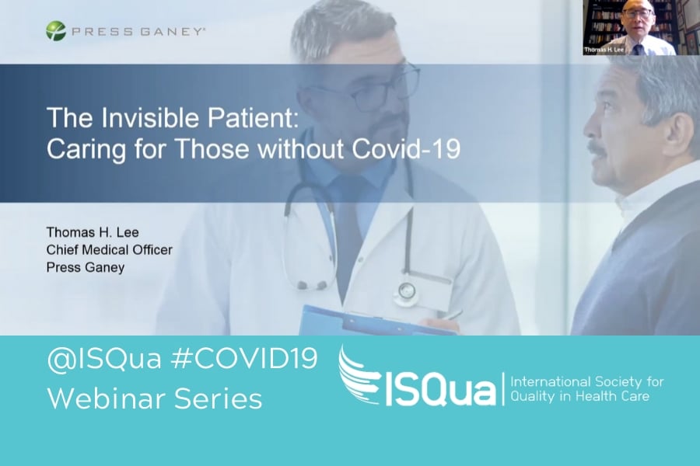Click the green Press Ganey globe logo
56,31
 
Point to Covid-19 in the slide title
406,148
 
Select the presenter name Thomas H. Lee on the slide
93,232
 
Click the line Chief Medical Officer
110,250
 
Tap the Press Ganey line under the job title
86,267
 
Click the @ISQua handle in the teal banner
104,359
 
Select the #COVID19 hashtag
243,358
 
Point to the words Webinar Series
155,398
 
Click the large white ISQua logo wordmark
437,391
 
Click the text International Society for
587,381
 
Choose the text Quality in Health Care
580,396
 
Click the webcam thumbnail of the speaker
629,28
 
